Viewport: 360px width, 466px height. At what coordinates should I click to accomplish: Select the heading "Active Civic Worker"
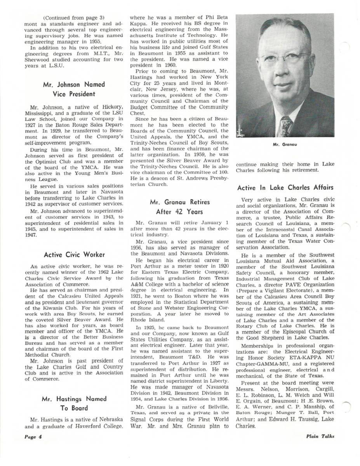click(x=74, y=255)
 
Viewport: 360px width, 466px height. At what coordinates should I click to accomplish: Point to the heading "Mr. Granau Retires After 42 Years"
click(x=179, y=207)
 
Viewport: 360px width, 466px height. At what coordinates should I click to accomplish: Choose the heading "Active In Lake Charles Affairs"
click(x=285, y=188)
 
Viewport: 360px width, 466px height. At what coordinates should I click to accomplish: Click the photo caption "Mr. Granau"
click(x=285, y=144)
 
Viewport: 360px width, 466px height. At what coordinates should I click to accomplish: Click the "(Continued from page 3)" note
click(x=73, y=18)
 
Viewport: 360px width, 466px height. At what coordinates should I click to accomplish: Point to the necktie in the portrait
click(x=286, y=126)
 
